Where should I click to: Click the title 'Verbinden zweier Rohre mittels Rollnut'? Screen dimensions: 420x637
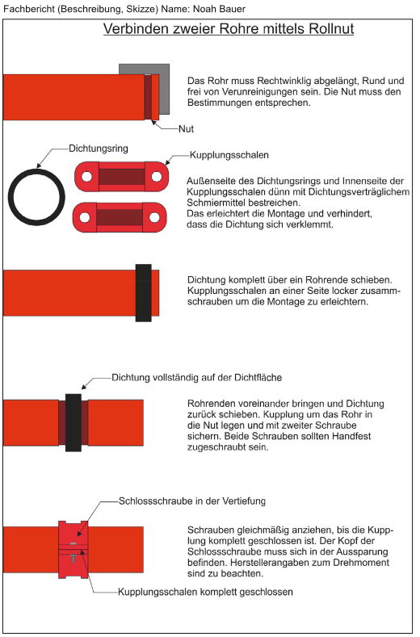click(x=229, y=29)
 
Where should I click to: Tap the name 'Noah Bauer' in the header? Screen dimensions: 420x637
click(x=219, y=9)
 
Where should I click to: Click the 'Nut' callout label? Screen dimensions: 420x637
click(x=187, y=129)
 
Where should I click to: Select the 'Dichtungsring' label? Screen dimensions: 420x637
click(x=99, y=149)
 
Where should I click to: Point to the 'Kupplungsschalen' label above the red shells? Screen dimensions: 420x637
click(x=229, y=155)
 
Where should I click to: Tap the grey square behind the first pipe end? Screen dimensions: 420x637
click(x=164, y=89)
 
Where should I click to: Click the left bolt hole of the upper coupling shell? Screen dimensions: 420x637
click(x=86, y=177)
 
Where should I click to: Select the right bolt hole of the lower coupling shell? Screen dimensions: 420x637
click(x=154, y=217)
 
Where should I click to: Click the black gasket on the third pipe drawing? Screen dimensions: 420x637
click(x=144, y=293)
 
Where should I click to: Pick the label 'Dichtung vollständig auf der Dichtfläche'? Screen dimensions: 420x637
click(x=197, y=377)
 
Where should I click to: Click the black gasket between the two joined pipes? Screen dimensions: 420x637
click(x=73, y=422)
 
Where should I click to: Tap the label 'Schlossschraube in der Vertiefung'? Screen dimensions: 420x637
click(x=192, y=501)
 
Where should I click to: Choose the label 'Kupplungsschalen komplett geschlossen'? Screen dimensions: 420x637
click(x=205, y=592)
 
